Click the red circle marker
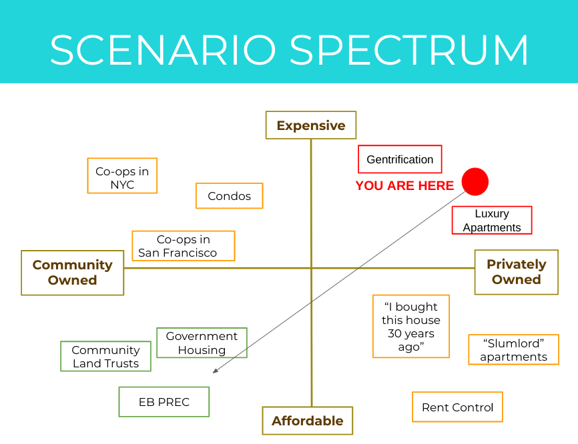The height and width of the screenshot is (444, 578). click(x=475, y=181)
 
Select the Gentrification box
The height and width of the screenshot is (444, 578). click(x=400, y=159)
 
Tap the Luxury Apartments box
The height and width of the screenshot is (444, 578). click(x=492, y=220)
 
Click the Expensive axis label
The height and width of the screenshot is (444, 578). click(x=311, y=125)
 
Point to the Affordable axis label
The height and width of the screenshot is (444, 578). click(x=307, y=421)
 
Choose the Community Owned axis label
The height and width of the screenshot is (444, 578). click(x=73, y=273)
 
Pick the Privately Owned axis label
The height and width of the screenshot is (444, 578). click(x=516, y=272)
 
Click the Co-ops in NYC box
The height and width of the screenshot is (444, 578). click(x=122, y=176)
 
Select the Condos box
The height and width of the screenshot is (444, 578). click(x=229, y=196)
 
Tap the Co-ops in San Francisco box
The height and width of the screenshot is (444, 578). click(x=184, y=246)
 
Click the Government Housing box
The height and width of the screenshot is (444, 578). click(x=202, y=343)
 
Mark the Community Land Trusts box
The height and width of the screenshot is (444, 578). click(x=105, y=357)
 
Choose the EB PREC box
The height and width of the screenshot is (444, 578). click(x=164, y=402)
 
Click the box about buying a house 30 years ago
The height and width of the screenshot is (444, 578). click(x=411, y=327)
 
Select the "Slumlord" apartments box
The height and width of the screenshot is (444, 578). click(x=513, y=350)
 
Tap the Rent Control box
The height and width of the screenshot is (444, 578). click(x=457, y=407)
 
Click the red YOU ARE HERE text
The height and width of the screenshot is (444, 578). click(x=404, y=186)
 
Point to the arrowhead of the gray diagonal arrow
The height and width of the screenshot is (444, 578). click(x=215, y=372)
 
